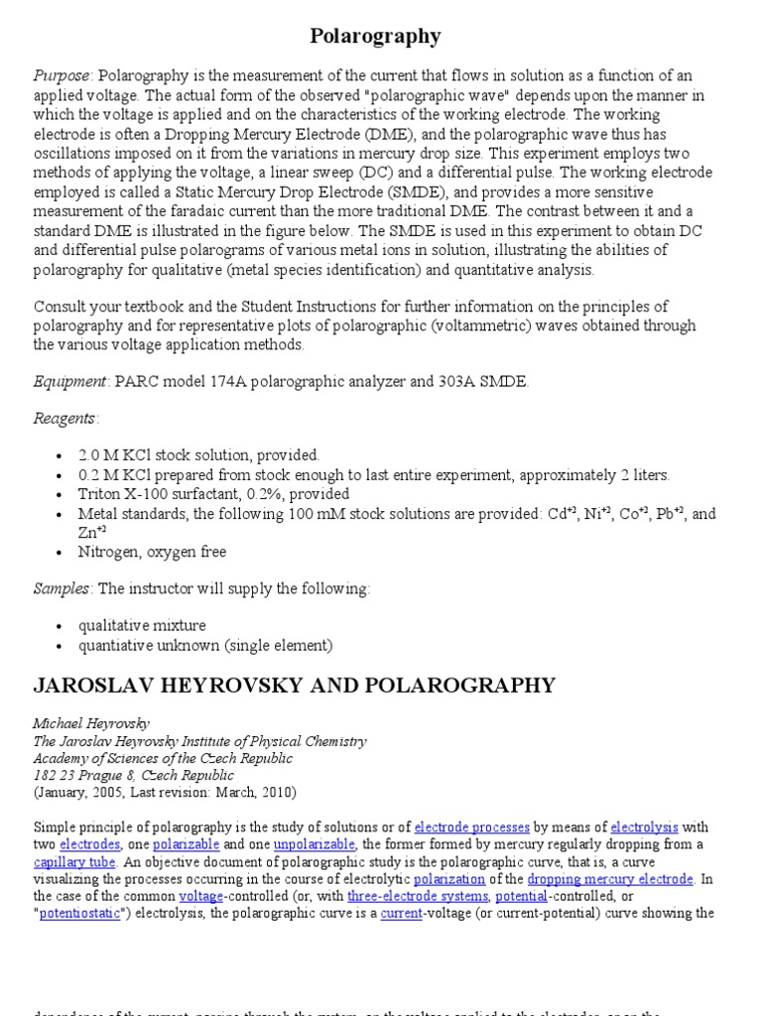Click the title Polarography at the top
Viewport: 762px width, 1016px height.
[x=376, y=37]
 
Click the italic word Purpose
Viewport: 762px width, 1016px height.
[x=63, y=76]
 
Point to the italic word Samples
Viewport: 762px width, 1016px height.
[x=63, y=588]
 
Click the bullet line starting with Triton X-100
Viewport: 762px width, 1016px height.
[x=214, y=494]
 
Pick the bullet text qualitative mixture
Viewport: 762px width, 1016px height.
[x=143, y=626]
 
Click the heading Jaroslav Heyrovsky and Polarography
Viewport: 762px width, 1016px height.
[x=295, y=686]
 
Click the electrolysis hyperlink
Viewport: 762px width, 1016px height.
[x=645, y=826]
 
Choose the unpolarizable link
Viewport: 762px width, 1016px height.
[x=316, y=844]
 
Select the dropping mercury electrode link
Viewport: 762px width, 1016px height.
[x=610, y=879]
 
